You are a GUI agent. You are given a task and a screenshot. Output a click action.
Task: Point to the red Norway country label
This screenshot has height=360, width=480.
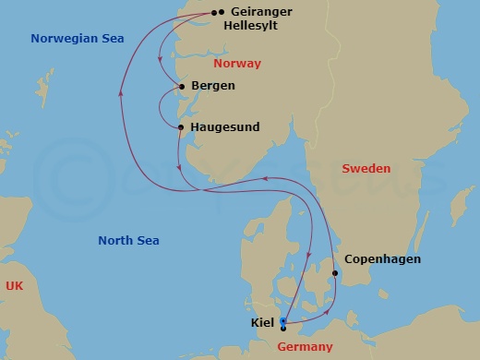coord(237,64)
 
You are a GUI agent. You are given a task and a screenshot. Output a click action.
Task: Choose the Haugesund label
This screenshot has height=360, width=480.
coord(225,126)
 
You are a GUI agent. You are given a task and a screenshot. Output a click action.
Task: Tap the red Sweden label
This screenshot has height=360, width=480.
coord(366,169)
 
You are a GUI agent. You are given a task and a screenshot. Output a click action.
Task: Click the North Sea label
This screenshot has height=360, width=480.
coord(128,241)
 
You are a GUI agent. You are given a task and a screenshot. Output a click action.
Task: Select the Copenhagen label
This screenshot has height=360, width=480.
coord(382,259)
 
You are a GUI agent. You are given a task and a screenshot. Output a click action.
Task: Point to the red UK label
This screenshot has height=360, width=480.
coord(13,287)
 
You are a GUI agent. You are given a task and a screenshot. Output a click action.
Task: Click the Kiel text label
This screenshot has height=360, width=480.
coord(261,323)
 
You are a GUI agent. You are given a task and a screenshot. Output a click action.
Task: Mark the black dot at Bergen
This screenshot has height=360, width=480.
coord(182,87)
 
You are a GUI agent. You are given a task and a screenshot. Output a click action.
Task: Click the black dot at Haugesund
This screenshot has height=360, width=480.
coord(181,126)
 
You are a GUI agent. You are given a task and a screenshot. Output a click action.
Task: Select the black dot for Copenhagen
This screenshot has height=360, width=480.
coord(334,273)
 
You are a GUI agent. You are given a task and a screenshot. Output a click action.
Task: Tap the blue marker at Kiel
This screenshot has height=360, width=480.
coord(283,320)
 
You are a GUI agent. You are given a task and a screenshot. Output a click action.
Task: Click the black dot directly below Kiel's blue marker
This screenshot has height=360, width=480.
coord(283,328)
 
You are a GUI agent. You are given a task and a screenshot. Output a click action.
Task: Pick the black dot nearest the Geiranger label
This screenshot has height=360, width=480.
coord(222,12)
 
